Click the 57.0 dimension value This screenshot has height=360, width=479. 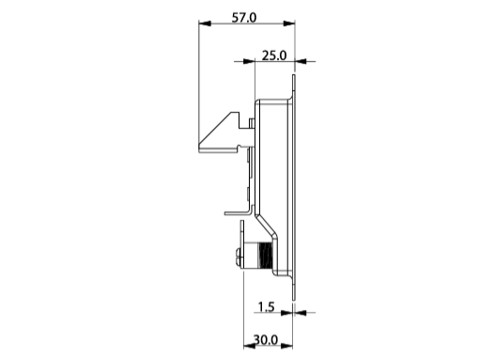coord(244,18)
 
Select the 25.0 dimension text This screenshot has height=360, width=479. coord(274,55)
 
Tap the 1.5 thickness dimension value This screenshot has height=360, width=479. coord(266,306)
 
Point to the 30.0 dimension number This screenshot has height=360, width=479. coord(266,339)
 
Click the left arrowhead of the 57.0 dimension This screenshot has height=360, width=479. coord(205,23)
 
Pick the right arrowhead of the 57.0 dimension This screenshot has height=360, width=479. coord(288,23)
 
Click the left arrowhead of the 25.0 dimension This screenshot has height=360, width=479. coord(249,61)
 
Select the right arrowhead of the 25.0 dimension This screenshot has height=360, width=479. coord(301,61)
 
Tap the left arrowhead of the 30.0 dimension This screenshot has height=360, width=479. coord(250,346)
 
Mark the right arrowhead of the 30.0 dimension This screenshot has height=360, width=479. coord(286,346)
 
